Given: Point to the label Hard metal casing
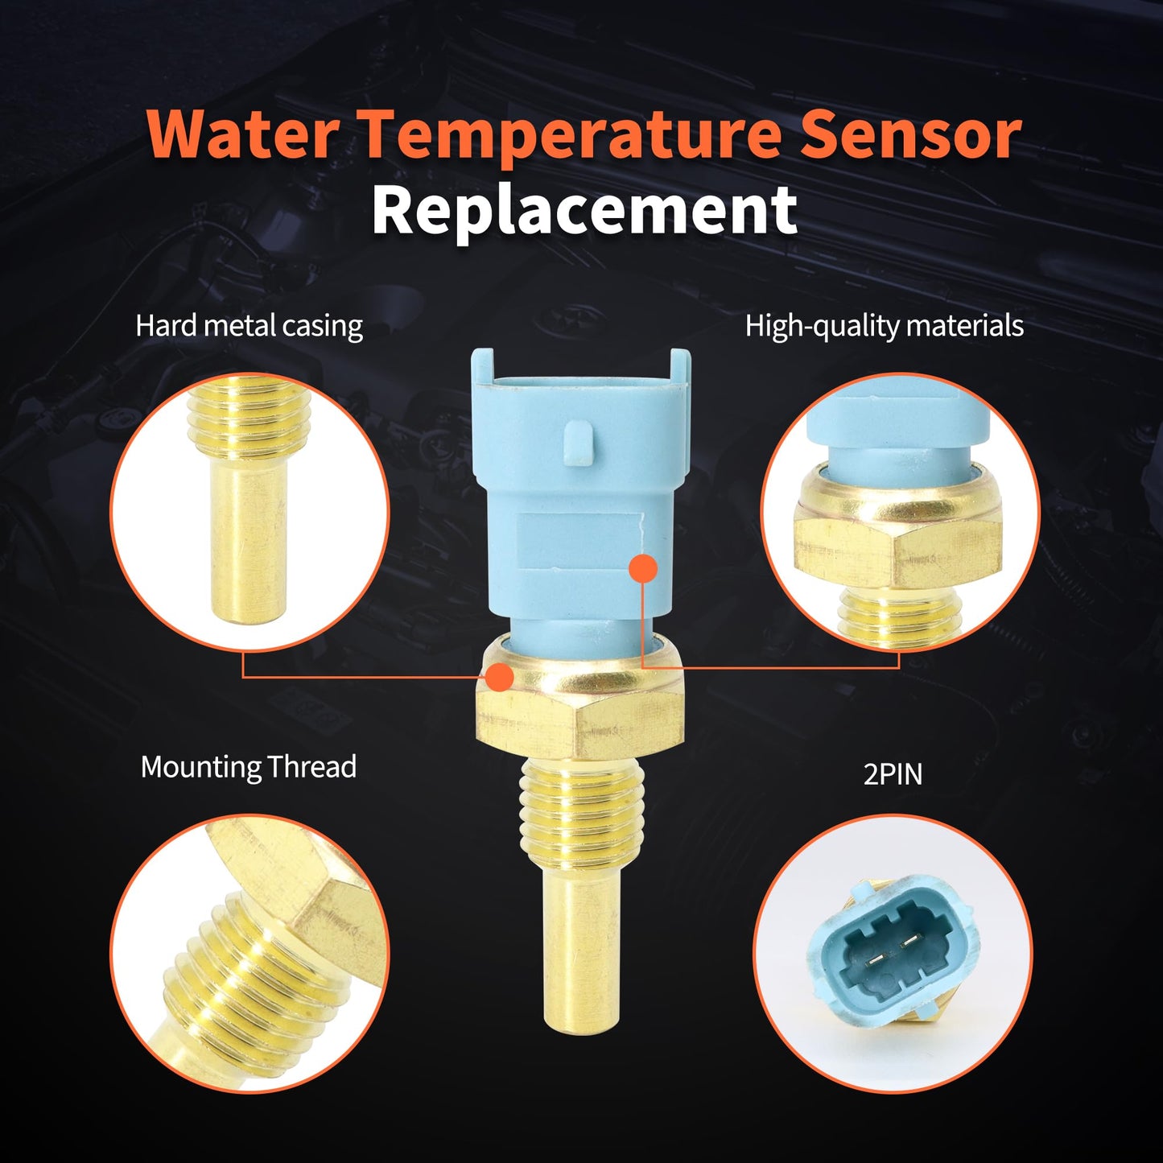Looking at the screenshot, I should click(249, 326).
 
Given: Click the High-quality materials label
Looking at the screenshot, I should click(884, 326).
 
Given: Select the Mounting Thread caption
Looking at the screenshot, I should click(248, 767).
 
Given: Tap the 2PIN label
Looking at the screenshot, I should click(893, 774).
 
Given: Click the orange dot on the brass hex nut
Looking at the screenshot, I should click(500, 677).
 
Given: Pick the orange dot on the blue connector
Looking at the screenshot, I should click(642, 567).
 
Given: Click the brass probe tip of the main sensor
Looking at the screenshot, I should click(580, 950).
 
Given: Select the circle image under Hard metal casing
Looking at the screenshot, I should click(250, 512).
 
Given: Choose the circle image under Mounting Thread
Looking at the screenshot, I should click(250, 954).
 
